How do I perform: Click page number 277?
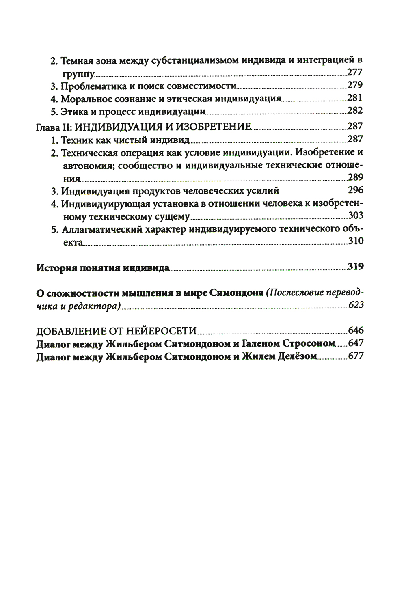pos(355,73)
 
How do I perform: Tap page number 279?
pos(355,86)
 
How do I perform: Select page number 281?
pos(355,98)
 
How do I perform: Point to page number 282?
pos(355,111)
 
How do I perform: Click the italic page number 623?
pos(356,305)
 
